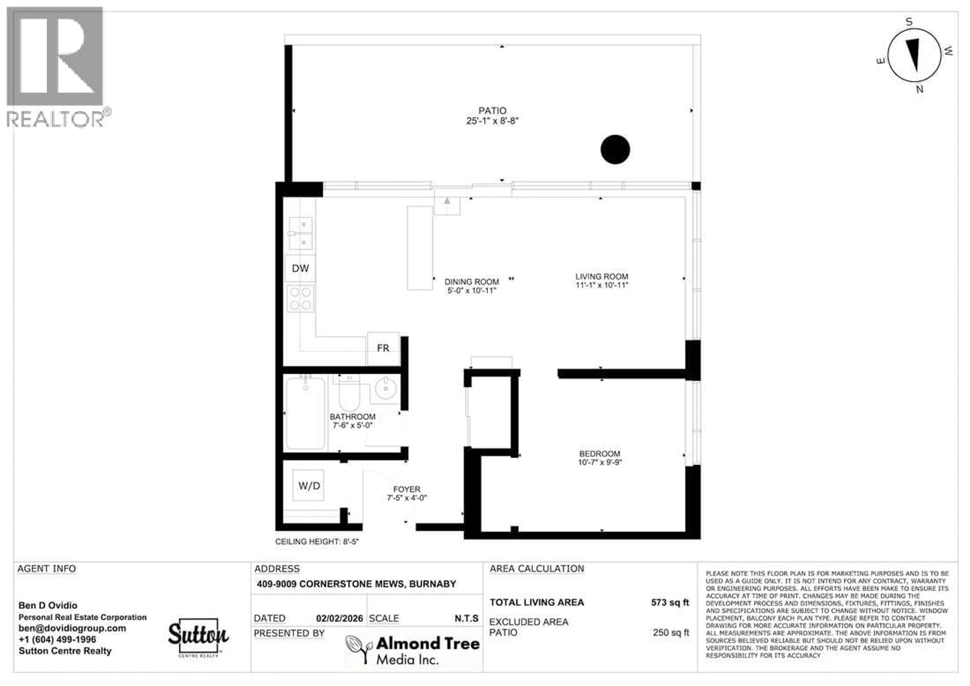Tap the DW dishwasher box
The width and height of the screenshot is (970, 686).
(x=300, y=268)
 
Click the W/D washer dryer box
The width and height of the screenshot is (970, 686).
(x=309, y=485)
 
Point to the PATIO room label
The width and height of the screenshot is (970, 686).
(x=492, y=111)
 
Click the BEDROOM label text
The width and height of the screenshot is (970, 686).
(x=599, y=454)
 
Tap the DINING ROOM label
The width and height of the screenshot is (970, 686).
(x=471, y=282)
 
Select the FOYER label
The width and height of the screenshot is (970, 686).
(x=406, y=489)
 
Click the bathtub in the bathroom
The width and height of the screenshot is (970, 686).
(x=305, y=413)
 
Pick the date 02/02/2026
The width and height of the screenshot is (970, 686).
(x=339, y=618)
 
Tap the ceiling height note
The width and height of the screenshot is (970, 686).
(x=317, y=542)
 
